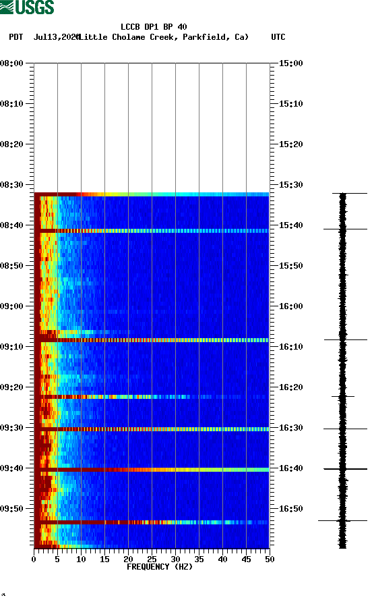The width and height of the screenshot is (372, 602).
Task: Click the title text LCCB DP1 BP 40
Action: [154, 27]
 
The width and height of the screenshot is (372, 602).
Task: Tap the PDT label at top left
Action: [16, 37]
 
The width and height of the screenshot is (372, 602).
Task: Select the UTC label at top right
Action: [278, 37]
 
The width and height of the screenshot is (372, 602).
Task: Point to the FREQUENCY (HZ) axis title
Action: [159, 567]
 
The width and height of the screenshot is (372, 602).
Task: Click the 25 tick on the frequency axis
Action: [152, 559]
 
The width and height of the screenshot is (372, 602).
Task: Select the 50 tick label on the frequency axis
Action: [270, 559]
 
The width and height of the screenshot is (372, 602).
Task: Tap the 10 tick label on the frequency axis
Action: [81, 559]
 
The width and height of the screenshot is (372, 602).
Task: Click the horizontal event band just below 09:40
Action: [152, 469]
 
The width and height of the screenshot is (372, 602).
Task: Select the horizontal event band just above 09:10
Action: [152, 340]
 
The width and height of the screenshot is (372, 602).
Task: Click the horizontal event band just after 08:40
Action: [152, 231]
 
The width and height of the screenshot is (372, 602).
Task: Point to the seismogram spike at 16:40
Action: [344, 468]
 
